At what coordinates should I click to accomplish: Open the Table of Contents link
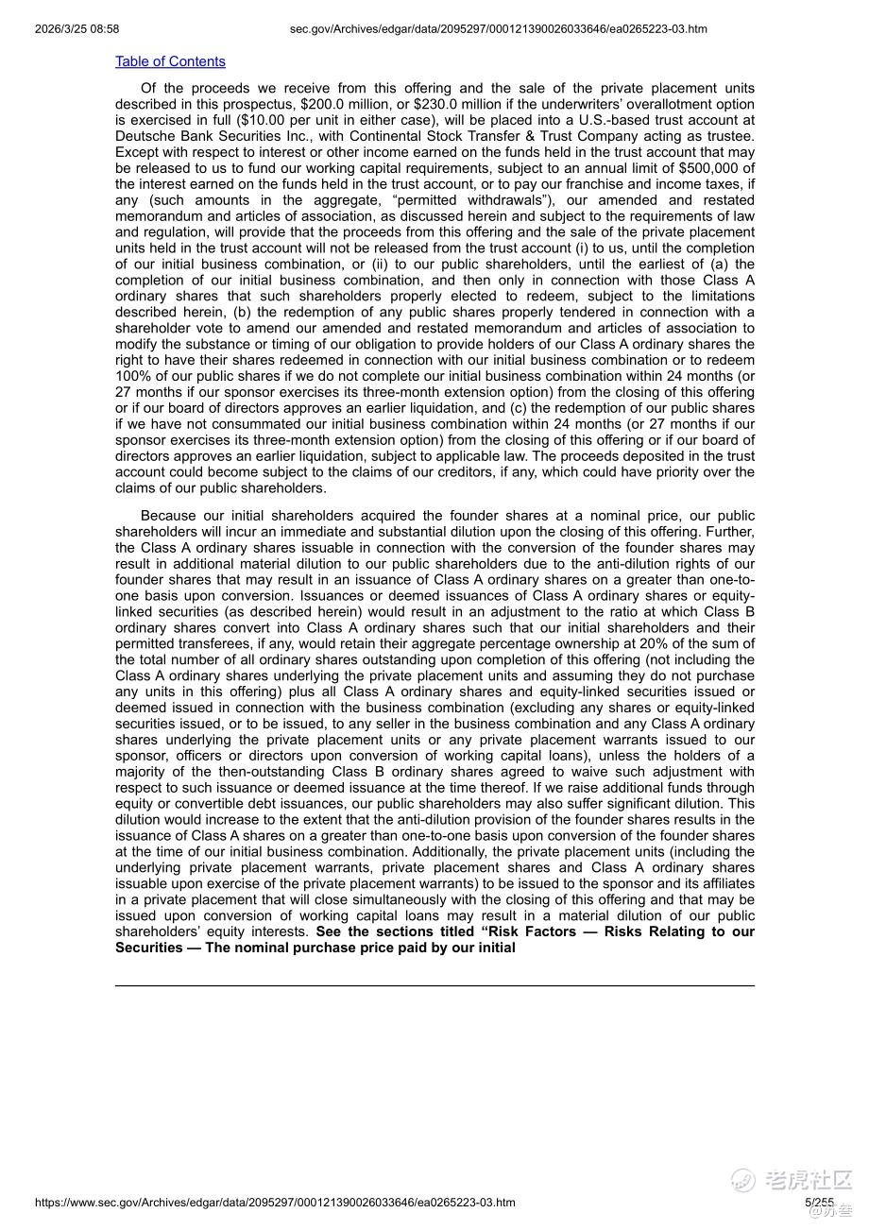pos(170,61)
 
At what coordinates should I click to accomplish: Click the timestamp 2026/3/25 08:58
pos(77,29)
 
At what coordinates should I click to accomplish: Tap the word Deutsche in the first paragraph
pos(145,136)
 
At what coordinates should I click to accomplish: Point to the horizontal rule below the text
pos(434,985)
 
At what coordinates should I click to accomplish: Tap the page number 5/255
pos(819,1203)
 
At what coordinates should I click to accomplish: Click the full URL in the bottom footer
pos(275,1203)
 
